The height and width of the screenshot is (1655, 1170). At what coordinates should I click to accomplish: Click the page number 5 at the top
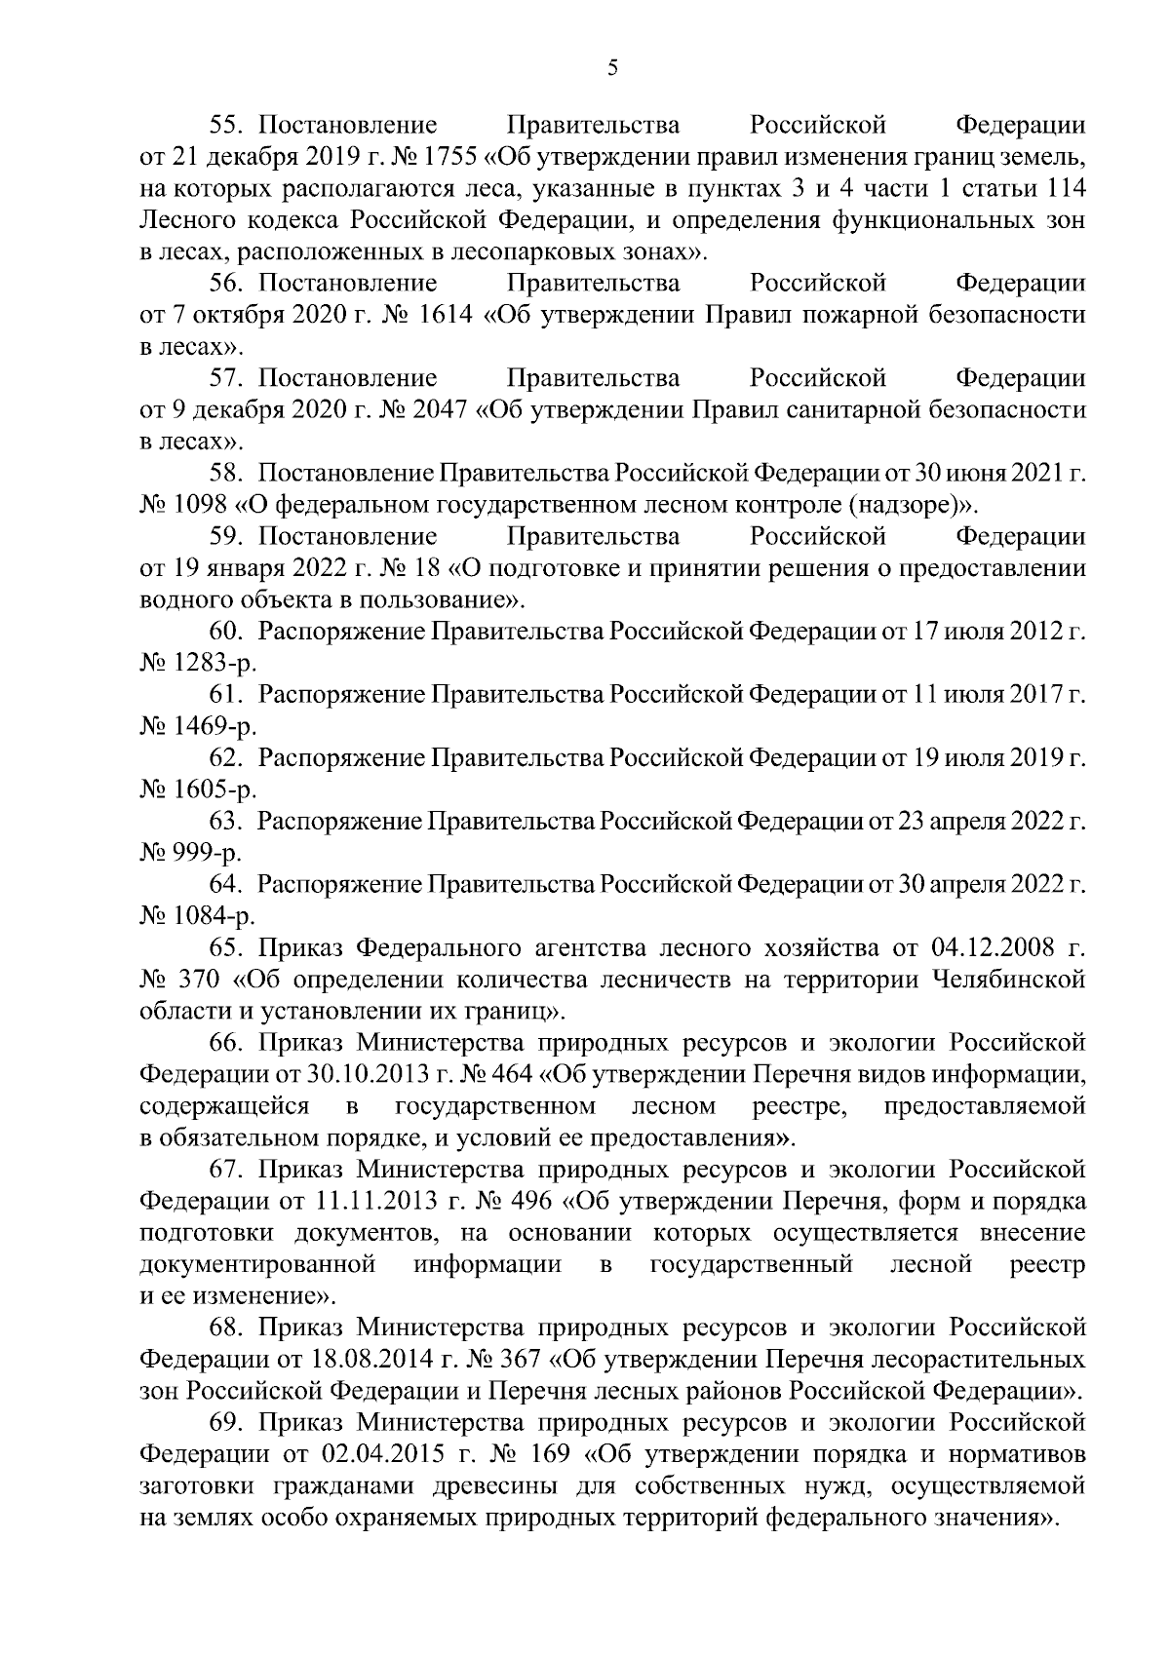[x=611, y=67]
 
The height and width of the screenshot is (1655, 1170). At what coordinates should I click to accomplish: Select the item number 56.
[x=229, y=284]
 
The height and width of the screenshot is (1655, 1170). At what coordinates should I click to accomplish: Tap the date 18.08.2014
[x=358, y=1359]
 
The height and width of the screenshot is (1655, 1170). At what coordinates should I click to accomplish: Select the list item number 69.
[x=229, y=1422]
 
